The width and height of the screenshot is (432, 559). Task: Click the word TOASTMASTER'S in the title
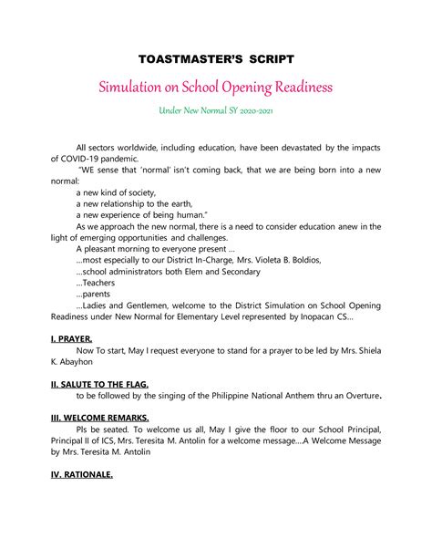187,59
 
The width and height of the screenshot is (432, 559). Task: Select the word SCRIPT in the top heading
268,59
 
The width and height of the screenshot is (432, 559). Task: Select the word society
138,192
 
